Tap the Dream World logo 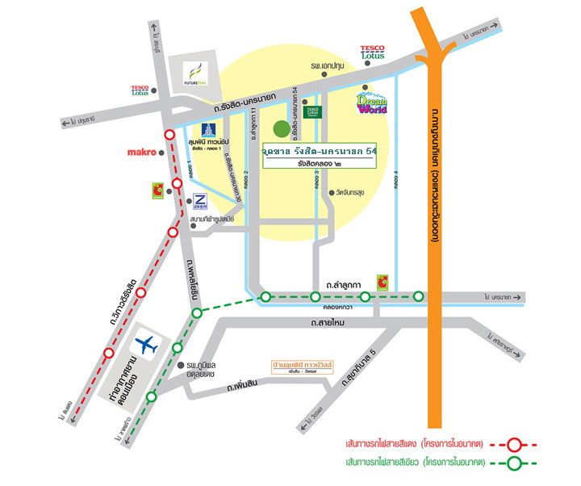372,103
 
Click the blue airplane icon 146,346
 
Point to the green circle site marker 281,128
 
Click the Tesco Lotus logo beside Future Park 140,91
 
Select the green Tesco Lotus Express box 312,111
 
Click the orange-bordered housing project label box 303,366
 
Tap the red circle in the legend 513,443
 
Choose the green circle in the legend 513,463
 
